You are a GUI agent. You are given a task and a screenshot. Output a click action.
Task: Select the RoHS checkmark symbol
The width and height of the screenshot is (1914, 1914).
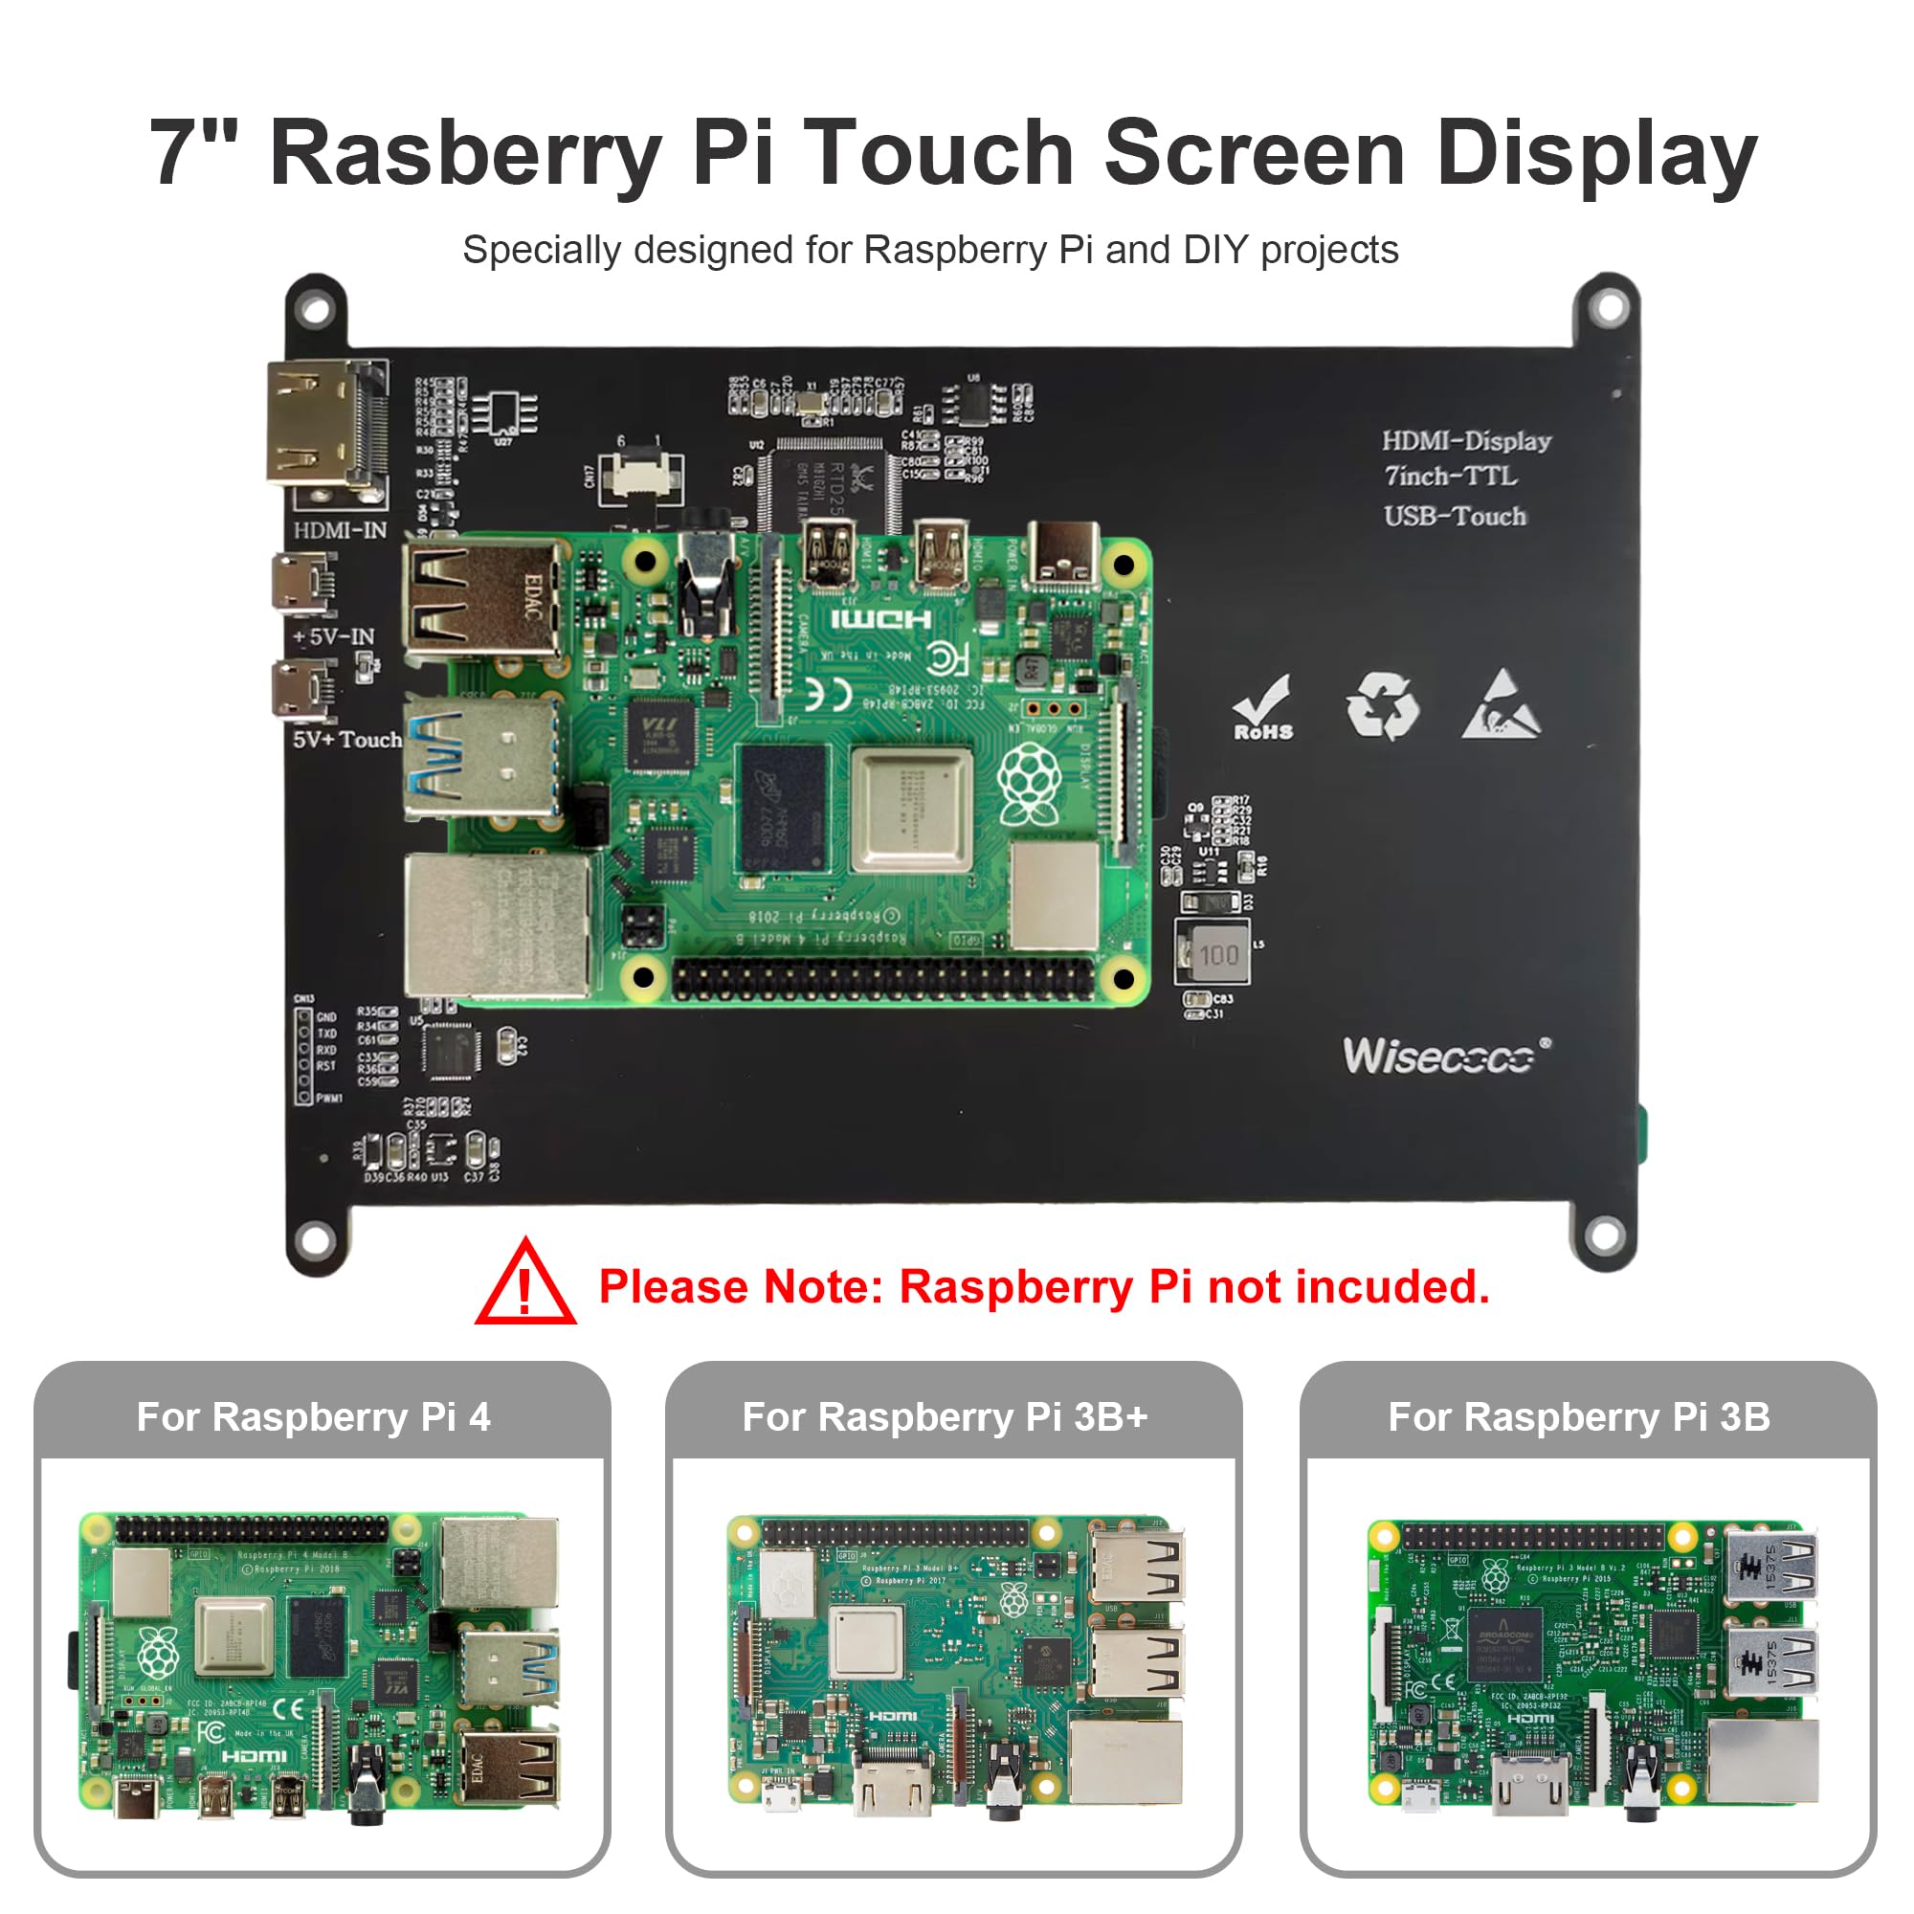[x=1263, y=707]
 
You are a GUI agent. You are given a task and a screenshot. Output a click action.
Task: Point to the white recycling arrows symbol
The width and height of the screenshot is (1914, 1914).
[x=1382, y=705]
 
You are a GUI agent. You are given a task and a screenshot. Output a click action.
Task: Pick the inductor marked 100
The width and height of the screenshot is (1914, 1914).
[x=1213, y=953]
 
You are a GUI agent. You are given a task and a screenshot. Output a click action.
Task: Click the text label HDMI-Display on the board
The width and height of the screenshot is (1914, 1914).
[x=1466, y=441]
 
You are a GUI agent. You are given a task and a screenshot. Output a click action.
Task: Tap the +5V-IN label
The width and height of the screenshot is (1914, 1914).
[x=334, y=636]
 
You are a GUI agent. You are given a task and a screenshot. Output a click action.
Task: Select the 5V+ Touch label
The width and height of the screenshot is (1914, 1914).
[x=346, y=739]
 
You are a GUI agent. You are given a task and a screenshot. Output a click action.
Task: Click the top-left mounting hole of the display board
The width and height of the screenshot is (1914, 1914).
[x=316, y=310]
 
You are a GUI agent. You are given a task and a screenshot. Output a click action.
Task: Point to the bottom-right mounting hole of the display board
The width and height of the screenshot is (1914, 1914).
[x=1604, y=1235]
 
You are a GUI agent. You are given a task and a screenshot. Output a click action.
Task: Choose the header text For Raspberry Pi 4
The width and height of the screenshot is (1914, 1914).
[x=313, y=1416]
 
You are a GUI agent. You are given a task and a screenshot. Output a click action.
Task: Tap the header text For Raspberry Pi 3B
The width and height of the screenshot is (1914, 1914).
[x=1578, y=1416]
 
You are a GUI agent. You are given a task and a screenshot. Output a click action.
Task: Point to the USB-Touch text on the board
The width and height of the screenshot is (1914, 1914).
[x=1455, y=516]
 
